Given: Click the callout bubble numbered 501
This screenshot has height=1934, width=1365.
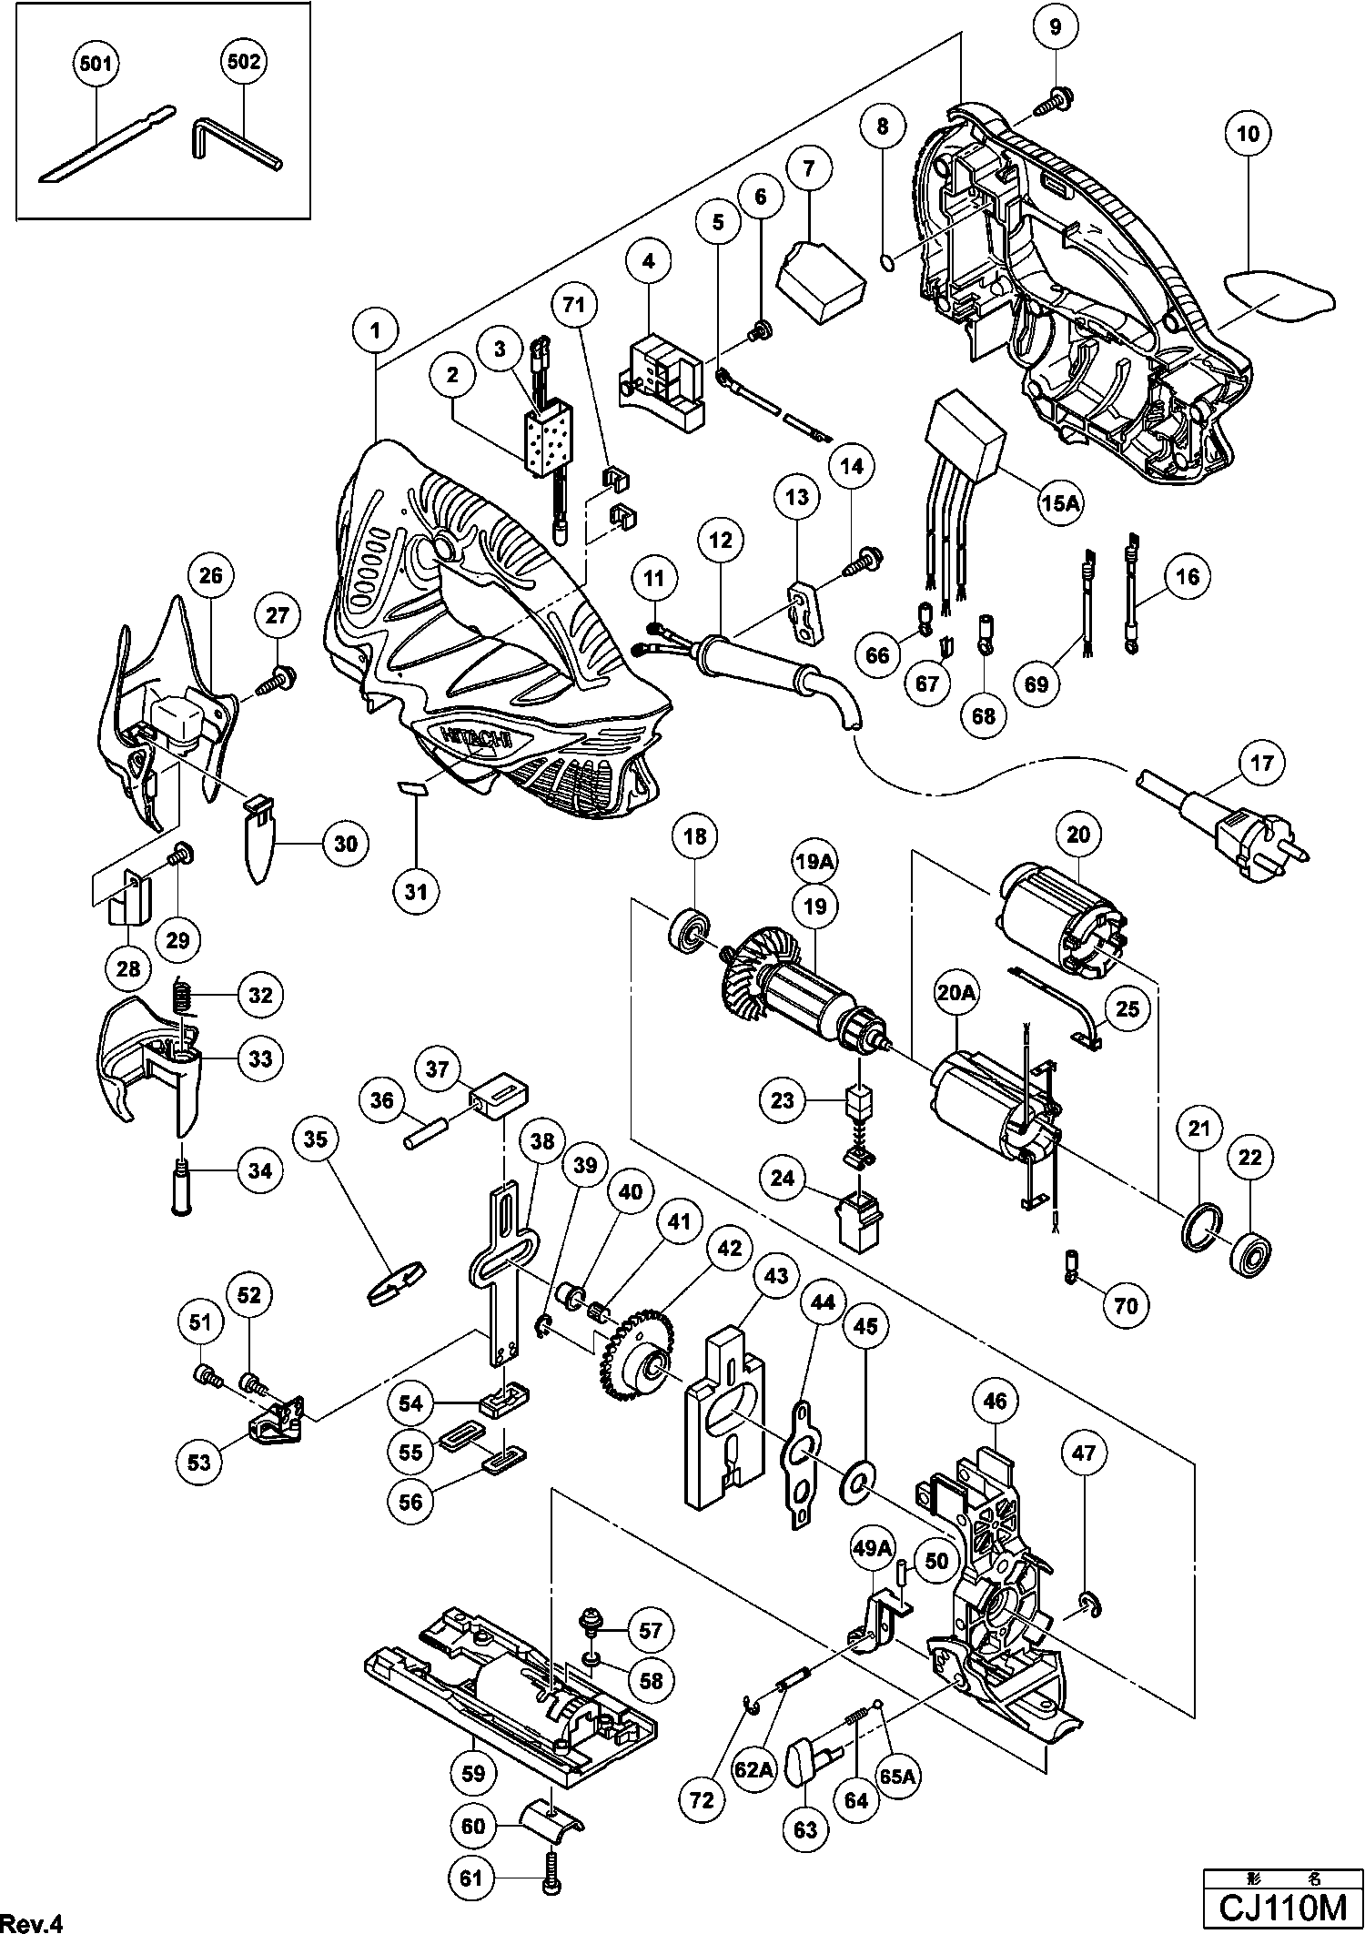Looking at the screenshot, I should point(97,64).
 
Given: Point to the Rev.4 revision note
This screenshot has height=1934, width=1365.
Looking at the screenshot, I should point(33,1922).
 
